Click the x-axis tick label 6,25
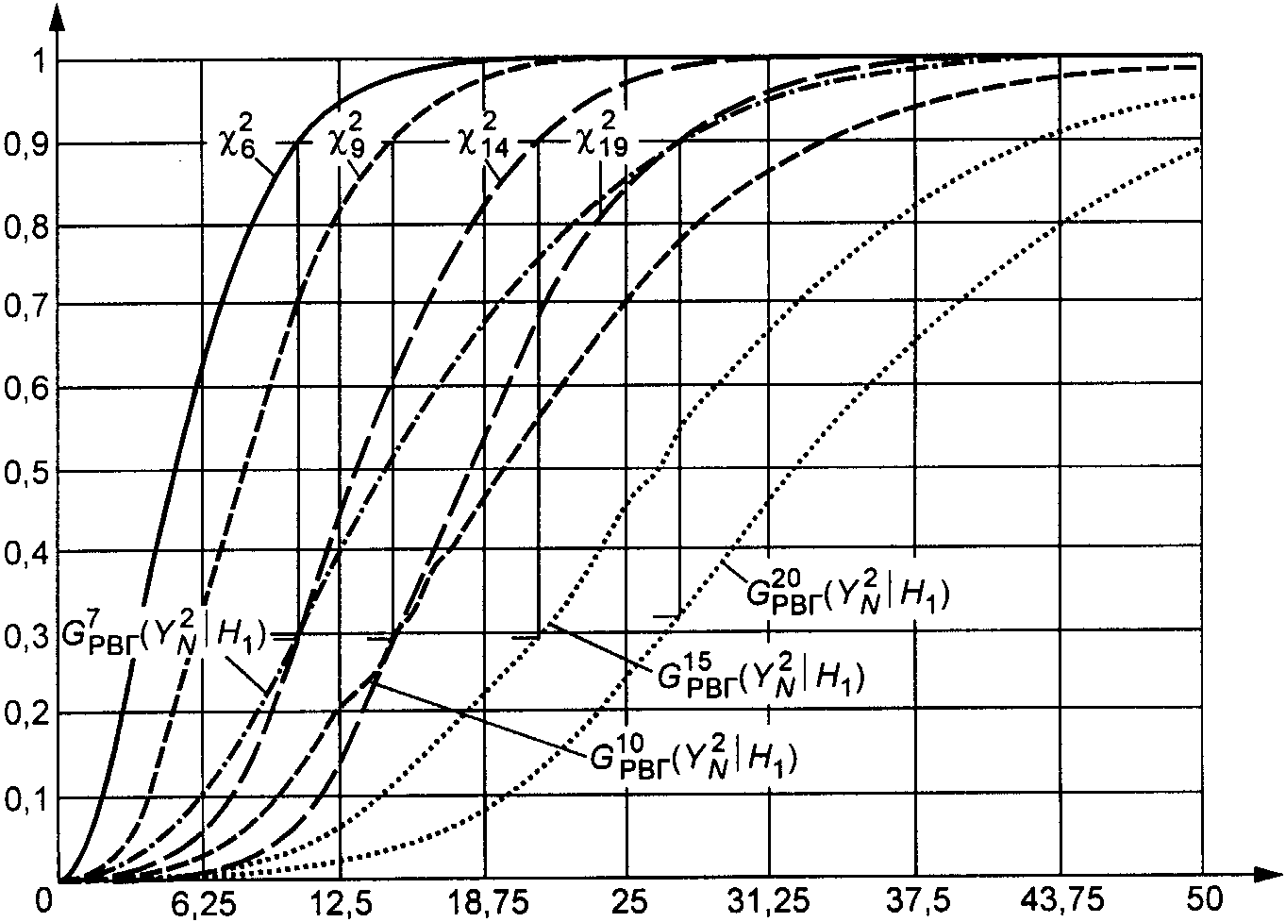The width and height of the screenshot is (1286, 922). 204,902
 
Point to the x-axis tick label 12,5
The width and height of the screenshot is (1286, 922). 342,902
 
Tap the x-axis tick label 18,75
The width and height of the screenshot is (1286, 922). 488,902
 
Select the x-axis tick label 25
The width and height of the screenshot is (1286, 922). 628,900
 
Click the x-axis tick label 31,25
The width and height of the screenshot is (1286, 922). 769,902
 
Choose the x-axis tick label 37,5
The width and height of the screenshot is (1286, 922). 918,902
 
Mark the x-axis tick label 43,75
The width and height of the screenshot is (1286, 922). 1062,902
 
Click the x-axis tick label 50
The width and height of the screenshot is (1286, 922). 1204,900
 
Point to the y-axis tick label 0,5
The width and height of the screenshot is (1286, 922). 25,474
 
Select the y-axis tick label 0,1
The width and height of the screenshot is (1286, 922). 25,800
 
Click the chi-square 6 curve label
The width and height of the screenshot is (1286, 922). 237,138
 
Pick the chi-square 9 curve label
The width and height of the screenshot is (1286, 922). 347,138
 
